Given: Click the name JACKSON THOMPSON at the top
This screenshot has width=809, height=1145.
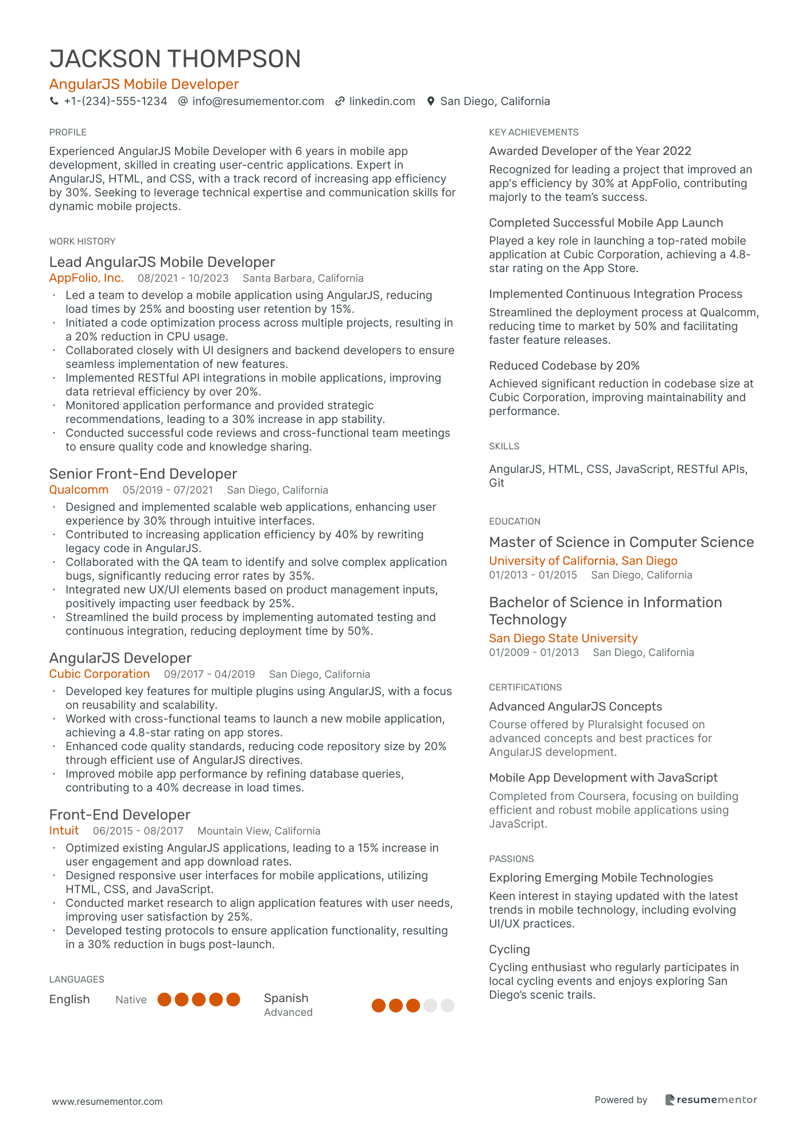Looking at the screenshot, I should point(175,59).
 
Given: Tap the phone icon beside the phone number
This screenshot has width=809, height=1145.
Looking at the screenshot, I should point(55,102).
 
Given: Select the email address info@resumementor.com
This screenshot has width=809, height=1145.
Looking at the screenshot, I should point(258,102).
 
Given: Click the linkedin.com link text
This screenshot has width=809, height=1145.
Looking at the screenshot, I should point(382,102).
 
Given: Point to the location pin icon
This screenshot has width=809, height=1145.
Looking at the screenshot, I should point(431,102).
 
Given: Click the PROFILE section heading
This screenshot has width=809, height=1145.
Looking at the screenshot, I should point(68,133).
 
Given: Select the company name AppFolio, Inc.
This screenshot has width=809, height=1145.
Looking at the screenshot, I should point(87,278).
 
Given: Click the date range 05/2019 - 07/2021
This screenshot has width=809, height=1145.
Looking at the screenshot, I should point(168,490).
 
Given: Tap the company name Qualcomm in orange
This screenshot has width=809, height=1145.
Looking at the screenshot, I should point(79,490).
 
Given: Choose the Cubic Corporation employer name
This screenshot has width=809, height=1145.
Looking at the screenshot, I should point(99,674).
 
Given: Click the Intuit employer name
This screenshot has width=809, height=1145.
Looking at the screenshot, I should point(64,831).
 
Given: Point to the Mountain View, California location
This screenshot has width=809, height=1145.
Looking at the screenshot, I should point(259,831).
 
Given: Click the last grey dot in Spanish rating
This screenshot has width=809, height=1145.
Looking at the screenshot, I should point(448,1006).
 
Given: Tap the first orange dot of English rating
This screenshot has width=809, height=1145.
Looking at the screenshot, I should point(165,1000).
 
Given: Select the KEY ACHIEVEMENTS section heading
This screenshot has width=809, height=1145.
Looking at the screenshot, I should point(534,133).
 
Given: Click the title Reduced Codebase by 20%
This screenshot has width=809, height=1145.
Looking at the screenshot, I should point(564,366).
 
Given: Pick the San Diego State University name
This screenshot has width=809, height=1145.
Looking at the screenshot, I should point(563,638).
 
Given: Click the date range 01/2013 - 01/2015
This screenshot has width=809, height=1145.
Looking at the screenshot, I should point(533,575).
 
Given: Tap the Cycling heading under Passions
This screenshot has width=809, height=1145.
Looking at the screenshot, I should point(509,949).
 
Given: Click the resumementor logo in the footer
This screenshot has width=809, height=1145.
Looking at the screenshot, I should point(711,1100).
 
